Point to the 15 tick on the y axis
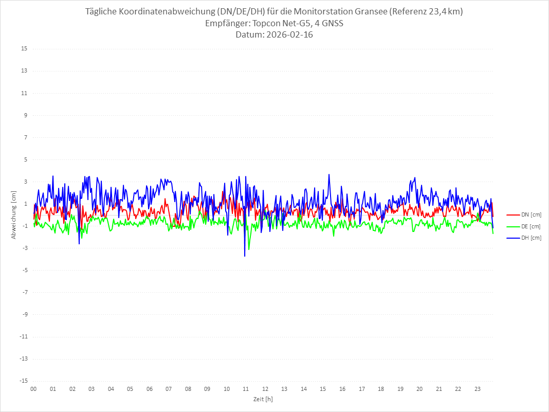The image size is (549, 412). point(24,49)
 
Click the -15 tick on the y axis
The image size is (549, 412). point(23,381)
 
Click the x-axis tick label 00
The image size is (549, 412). point(33,389)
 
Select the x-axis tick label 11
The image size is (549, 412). point(246,389)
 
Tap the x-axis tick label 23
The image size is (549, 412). point(478,389)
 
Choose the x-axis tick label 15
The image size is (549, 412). point(323,389)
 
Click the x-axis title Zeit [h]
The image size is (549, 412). point(263,399)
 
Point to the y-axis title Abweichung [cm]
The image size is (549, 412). point(14,215)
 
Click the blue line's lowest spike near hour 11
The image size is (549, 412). point(245,256)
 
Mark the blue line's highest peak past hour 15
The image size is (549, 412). point(329,174)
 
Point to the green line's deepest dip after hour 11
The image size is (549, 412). point(249,249)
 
